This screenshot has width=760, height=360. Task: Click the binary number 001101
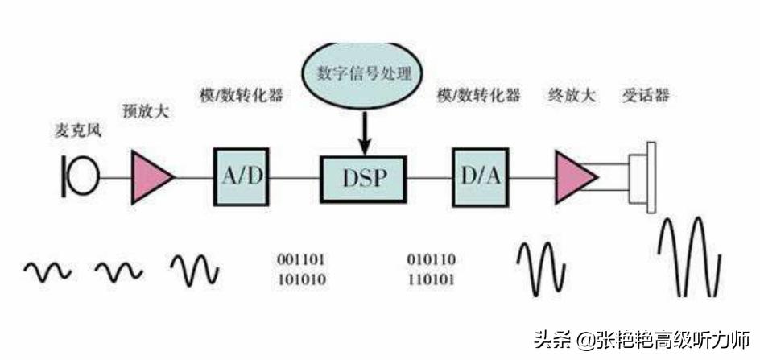tap(302, 259)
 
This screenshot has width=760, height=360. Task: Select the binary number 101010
tap(302, 280)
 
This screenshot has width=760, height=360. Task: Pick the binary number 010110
tap(432, 259)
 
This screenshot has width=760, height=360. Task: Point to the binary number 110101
tap(432, 280)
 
